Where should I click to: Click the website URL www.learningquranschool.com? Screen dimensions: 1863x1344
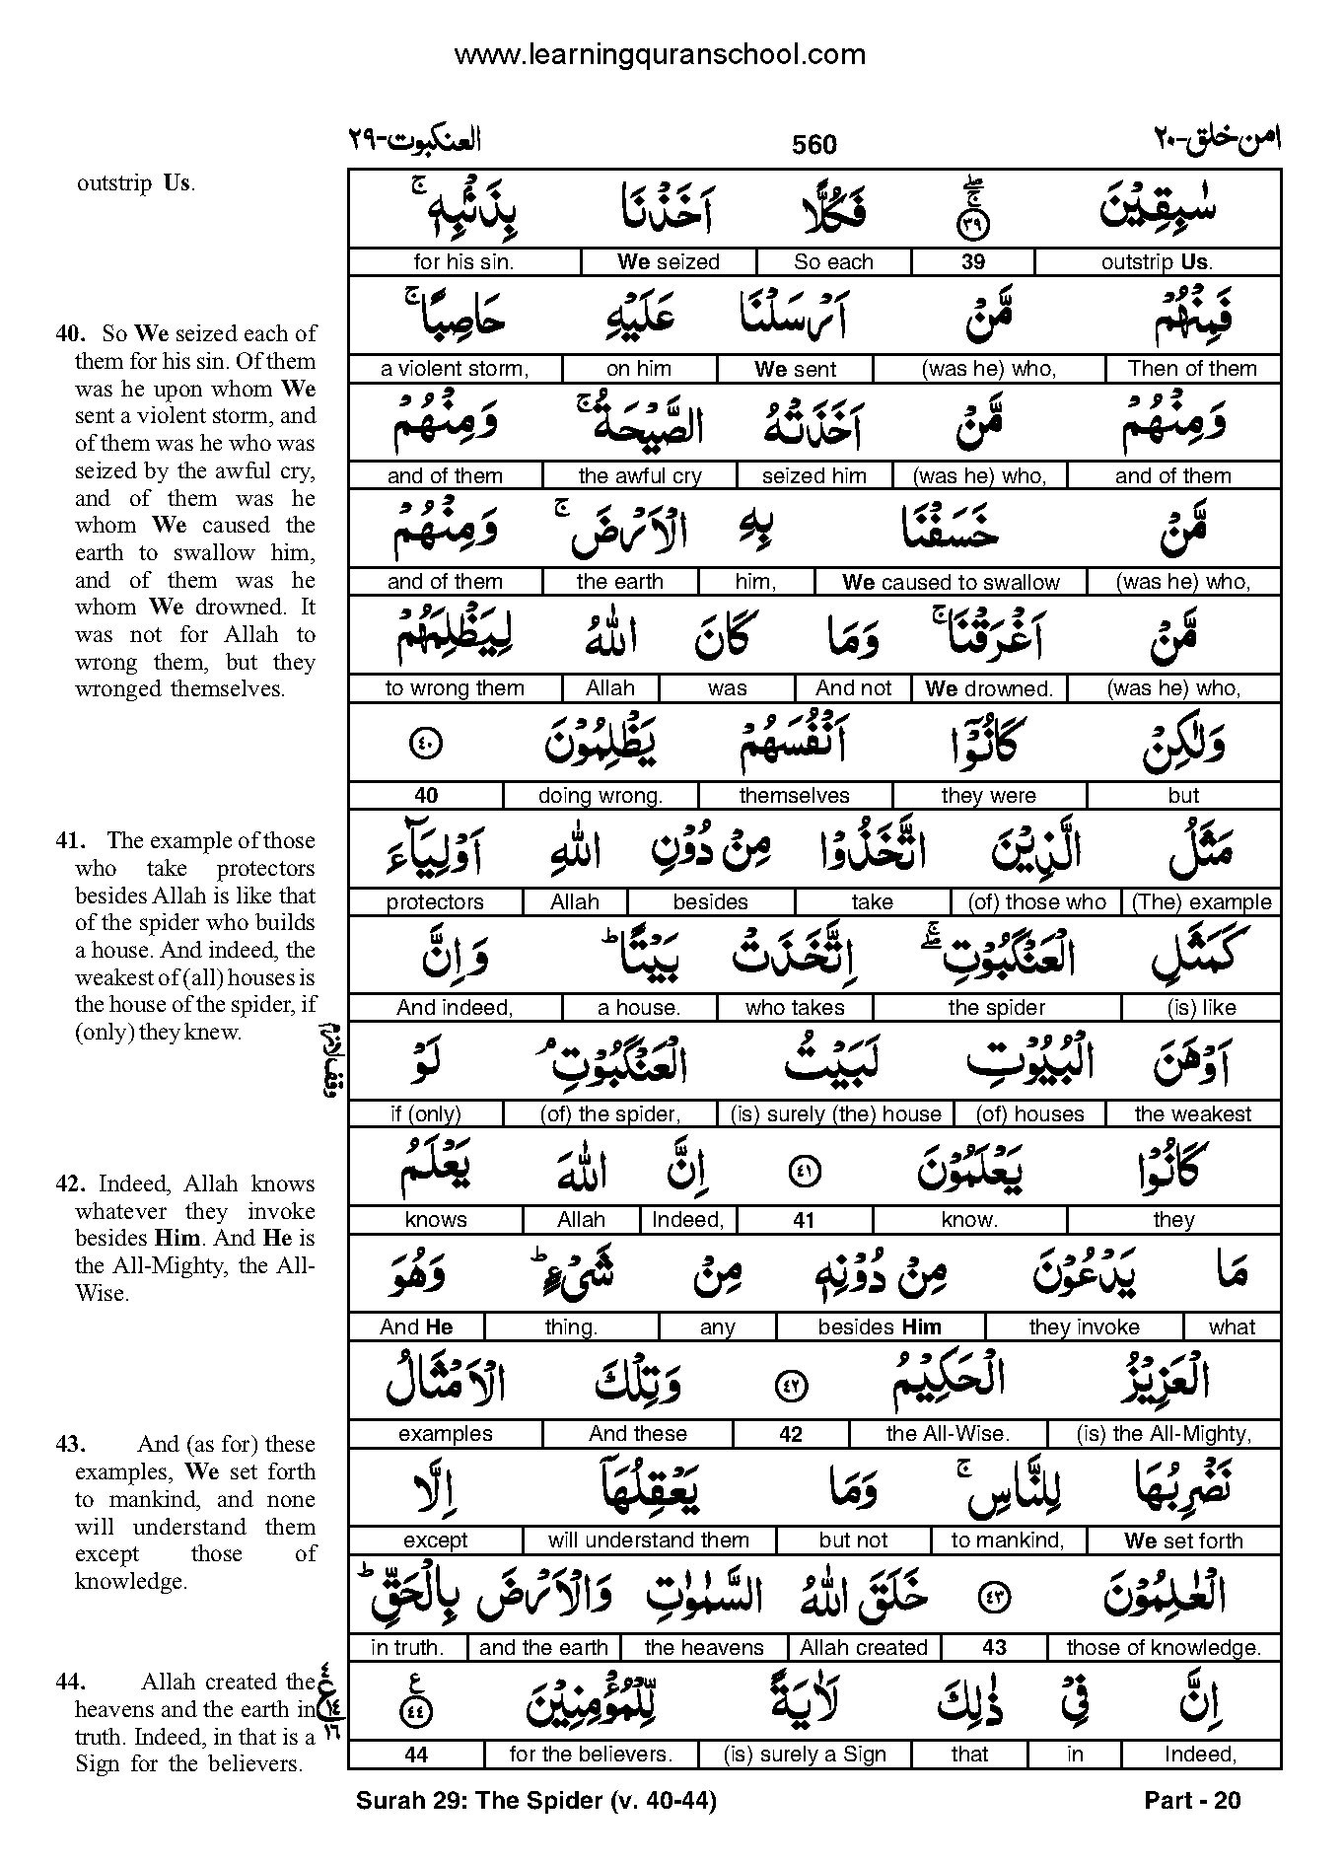660,54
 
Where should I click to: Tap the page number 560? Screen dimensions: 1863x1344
813,145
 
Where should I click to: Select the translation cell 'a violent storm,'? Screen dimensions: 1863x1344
455,369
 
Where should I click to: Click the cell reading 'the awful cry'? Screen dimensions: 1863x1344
640,475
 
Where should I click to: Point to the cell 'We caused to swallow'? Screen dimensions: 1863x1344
951,582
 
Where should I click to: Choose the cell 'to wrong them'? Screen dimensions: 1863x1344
455,688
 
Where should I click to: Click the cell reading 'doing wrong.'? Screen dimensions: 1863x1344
601,795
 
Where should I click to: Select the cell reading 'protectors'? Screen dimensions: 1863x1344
435,901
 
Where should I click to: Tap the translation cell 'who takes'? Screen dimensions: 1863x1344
795,1008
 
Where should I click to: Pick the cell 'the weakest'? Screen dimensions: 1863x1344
1192,1114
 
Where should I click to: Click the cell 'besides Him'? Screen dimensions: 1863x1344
880,1327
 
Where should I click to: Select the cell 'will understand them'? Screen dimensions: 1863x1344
649,1541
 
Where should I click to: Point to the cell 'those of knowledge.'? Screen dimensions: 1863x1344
1163,1647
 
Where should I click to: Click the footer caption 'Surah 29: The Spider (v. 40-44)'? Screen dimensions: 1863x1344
535,1801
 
